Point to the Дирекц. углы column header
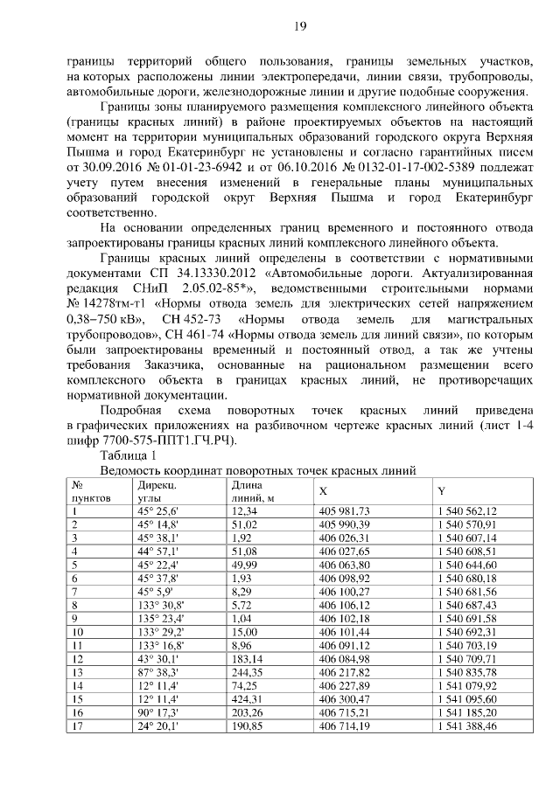[157, 490]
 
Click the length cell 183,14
[248, 657]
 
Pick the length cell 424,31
[248, 700]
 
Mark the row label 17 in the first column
[76, 726]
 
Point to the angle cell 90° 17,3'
[157, 713]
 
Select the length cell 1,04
[241, 616]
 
